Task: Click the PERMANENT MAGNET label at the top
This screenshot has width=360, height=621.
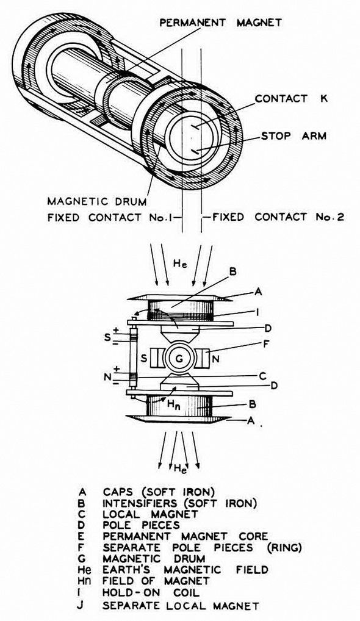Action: tap(221, 22)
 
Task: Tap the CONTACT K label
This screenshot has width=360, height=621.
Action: tap(292, 98)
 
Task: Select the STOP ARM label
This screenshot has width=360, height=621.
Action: tap(294, 136)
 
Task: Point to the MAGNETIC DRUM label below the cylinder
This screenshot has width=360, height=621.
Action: tap(97, 201)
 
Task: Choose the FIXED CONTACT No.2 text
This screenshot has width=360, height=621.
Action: tap(278, 217)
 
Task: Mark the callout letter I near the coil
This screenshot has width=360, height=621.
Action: tap(258, 312)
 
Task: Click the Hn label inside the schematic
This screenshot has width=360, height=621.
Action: tap(175, 405)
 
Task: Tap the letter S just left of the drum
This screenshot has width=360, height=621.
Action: tap(145, 359)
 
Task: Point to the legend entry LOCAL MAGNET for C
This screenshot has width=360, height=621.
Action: tap(150, 514)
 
